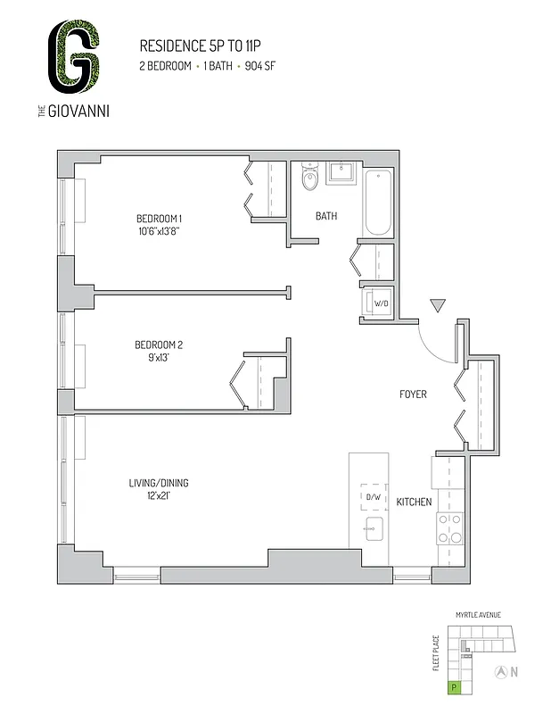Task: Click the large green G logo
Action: (x=74, y=59)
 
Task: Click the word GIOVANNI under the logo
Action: (x=86, y=112)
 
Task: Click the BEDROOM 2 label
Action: (x=158, y=345)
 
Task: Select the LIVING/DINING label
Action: (x=159, y=484)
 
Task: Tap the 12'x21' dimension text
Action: (x=159, y=496)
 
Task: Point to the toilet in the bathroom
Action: (x=309, y=177)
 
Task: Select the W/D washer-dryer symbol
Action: (x=378, y=303)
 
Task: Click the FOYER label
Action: (x=412, y=394)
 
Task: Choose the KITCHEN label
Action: (x=414, y=502)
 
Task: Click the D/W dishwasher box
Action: (x=371, y=497)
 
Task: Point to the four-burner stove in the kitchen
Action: (x=448, y=527)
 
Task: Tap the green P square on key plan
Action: (x=455, y=687)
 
